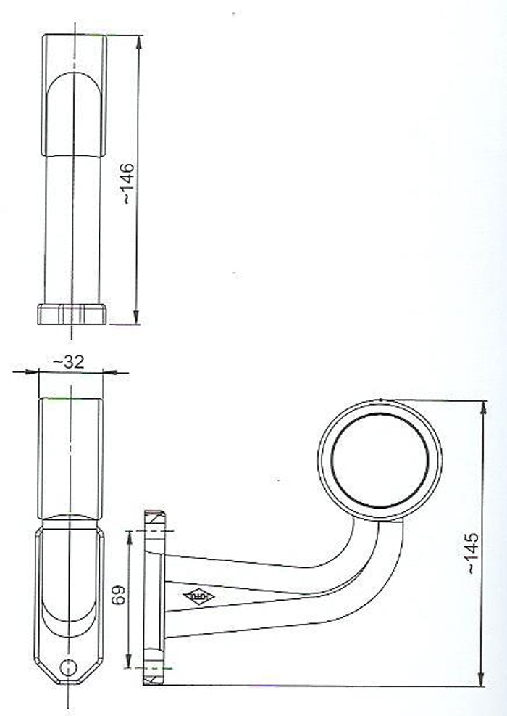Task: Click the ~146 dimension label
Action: pos(126,184)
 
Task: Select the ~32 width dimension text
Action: pos(70,361)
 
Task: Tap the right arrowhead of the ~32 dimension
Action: pos(107,372)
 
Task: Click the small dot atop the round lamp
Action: pos(380,399)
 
